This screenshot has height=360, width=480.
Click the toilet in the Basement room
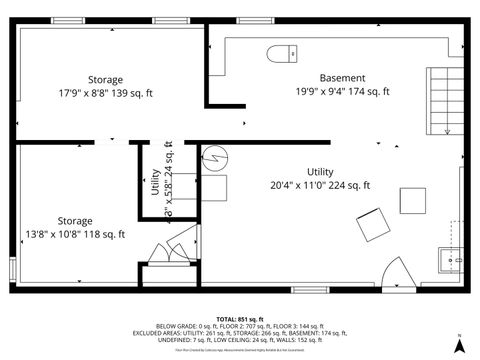click(x=279, y=53)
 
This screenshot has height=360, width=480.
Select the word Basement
click(x=342, y=78)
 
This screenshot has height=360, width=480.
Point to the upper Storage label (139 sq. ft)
click(x=105, y=80)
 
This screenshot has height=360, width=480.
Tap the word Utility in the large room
click(x=320, y=172)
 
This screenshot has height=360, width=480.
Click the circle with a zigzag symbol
click(x=216, y=159)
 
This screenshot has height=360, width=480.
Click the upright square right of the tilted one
click(x=413, y=201)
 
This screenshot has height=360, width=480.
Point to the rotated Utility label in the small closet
click(x=156, y=192)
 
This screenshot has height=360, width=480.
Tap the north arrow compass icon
click(x=458, y=343)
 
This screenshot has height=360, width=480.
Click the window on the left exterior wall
click(x=13, y=269)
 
